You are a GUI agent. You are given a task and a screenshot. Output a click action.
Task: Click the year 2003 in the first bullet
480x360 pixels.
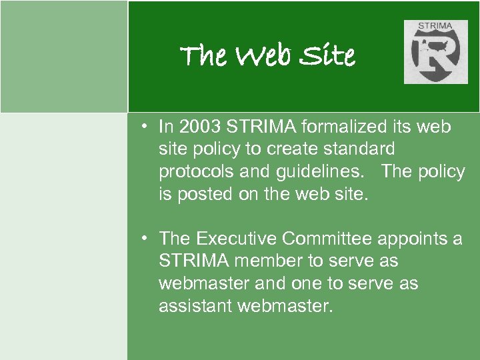(x=199, y=127)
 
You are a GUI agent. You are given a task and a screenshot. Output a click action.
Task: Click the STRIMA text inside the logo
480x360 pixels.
(x=434, y=27)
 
